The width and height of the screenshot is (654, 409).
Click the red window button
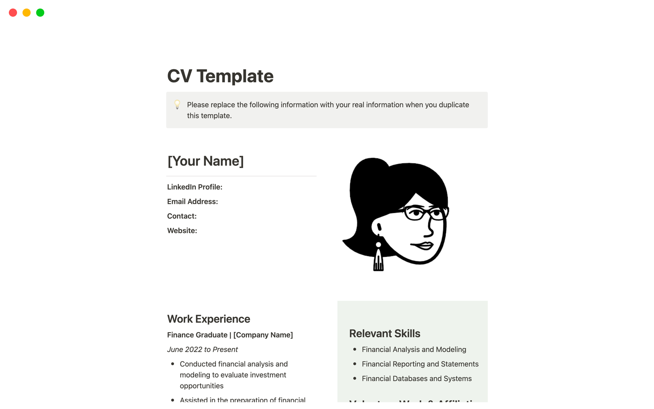click(13, 13)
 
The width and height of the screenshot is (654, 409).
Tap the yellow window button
click(27, 13)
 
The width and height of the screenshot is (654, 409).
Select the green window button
click(40, 13)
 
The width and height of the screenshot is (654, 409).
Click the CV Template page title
click(220, 76)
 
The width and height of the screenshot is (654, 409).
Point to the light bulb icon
click(177, 104)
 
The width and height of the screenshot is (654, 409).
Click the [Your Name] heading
click(205, 161)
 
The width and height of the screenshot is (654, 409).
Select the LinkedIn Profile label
click(194, 187)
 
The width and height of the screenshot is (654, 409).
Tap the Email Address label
click(192, 201)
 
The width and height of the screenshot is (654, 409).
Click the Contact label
click(182, 216)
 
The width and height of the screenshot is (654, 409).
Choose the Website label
click(182, 231)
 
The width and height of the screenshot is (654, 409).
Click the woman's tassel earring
click(378, 259)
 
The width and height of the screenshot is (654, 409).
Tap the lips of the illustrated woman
click(423, 245)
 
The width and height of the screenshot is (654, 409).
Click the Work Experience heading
click(208, 319)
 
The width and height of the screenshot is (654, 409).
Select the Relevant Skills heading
click(385, 333)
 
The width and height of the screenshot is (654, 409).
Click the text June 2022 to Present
click(202, 349)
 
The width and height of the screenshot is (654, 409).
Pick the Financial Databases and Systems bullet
click(417, 378)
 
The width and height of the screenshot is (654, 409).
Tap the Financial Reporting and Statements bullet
click(420, 364)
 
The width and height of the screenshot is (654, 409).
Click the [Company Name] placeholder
click(263, 335)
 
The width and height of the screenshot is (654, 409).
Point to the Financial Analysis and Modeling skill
click(414, 349)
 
